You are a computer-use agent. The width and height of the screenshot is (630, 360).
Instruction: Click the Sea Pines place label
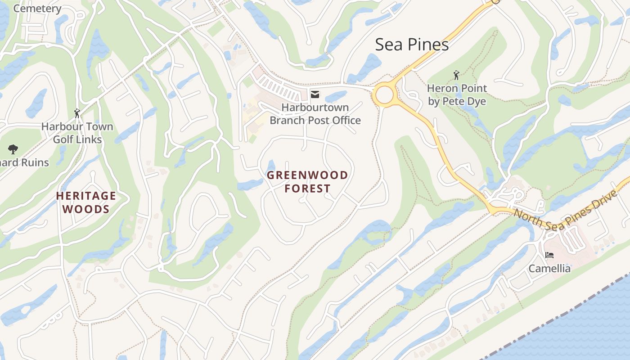412,45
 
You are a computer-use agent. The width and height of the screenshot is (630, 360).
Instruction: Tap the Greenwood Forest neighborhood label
307,182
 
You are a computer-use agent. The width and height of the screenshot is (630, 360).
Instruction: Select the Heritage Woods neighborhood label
86,202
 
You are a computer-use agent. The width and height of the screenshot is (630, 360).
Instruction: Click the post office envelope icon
315,94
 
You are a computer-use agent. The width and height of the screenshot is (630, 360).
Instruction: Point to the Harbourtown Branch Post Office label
315,114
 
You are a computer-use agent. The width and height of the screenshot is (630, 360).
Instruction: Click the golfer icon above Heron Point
457,75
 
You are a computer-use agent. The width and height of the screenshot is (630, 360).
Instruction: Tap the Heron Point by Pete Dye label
457,95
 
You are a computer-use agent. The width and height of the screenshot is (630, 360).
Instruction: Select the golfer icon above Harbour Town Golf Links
77,113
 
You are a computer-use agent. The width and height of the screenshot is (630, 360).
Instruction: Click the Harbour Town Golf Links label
77,133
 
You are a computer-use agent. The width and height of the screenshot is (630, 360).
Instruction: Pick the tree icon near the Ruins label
13,149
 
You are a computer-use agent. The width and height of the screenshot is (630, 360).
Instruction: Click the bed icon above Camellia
549,255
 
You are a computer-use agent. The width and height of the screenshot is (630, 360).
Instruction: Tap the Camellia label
549,269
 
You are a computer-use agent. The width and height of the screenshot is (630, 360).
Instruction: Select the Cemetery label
37,8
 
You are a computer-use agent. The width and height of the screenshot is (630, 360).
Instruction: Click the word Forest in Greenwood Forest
307,189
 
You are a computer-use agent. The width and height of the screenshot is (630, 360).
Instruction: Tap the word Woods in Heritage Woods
86,209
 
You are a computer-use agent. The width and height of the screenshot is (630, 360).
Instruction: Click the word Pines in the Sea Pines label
428,45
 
